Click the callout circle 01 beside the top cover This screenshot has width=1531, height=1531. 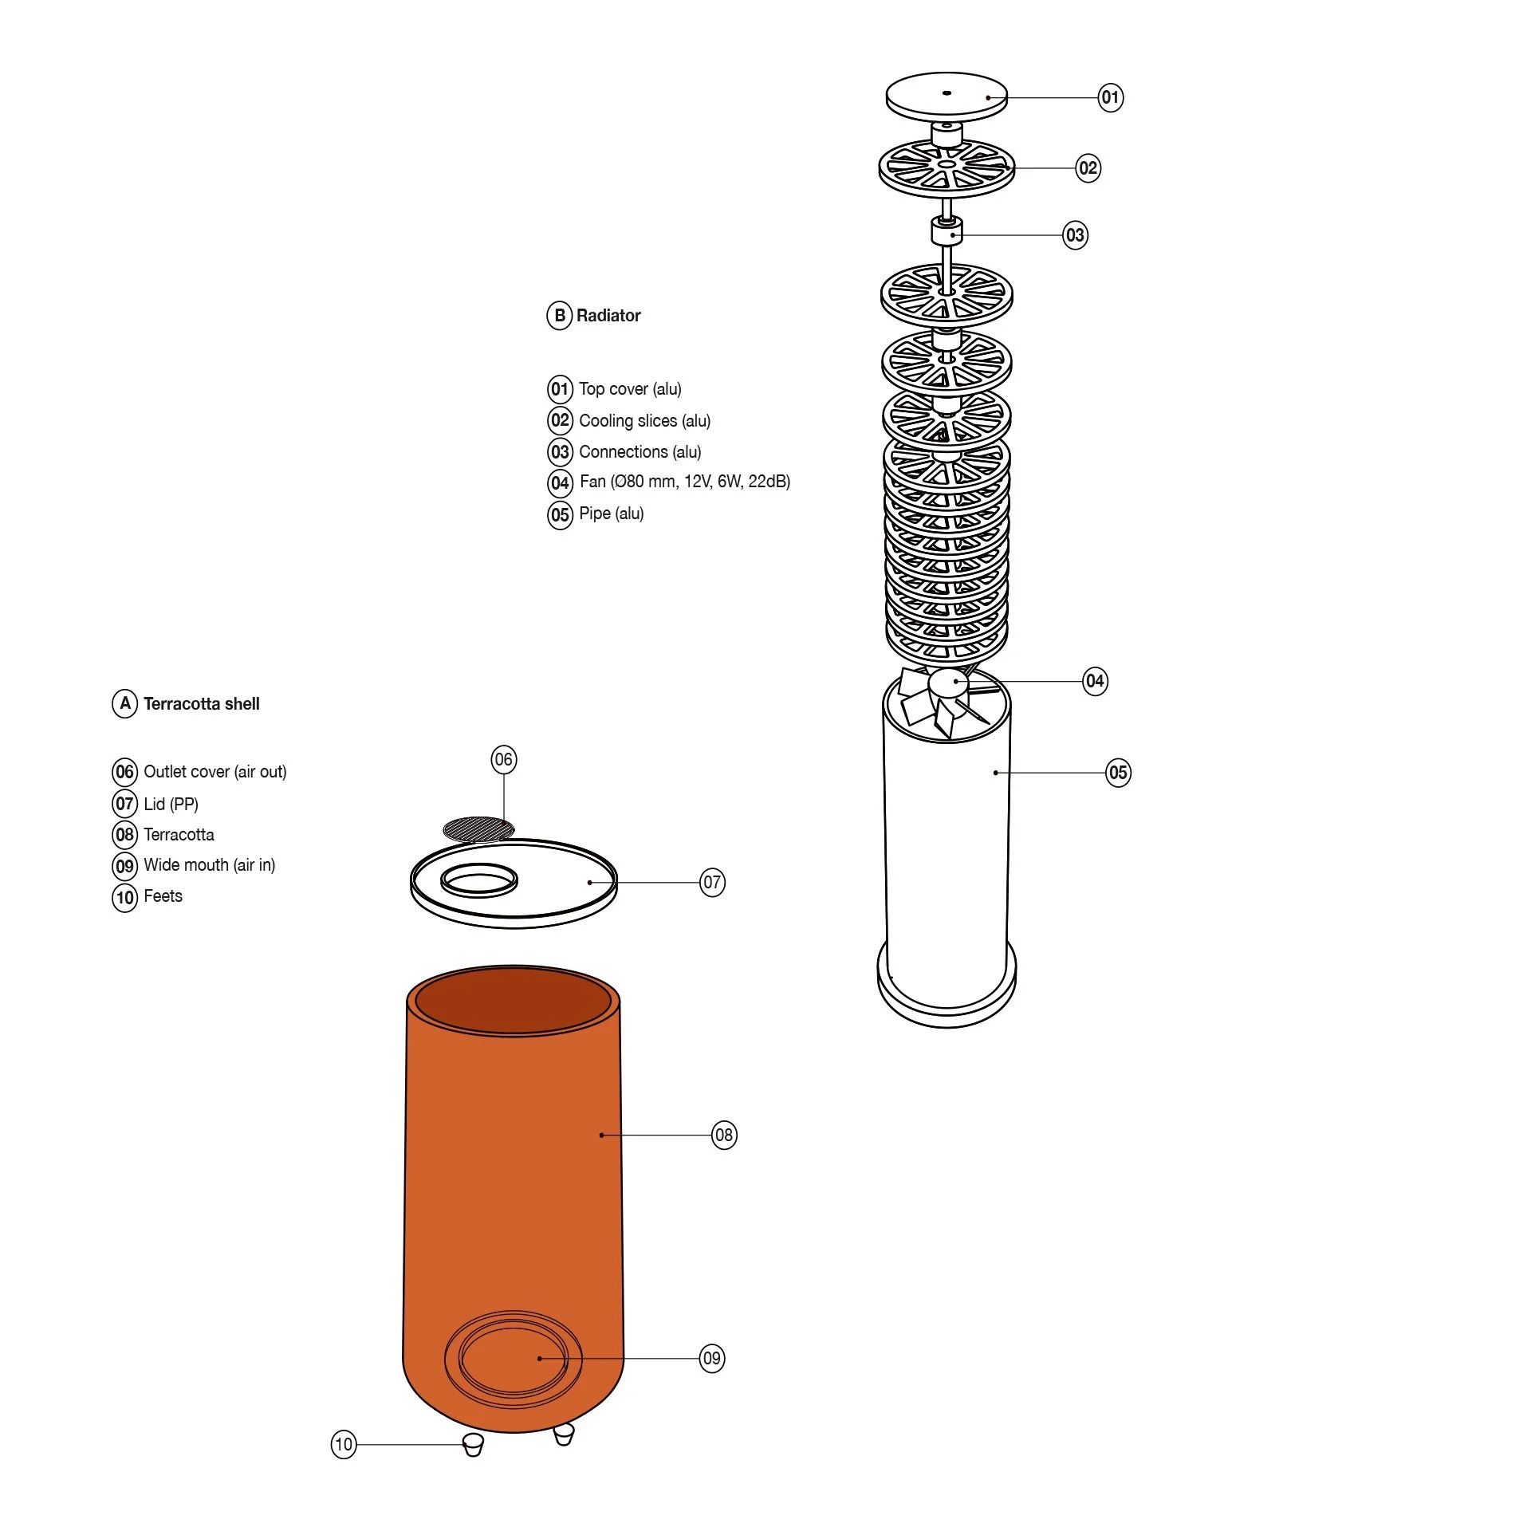(x=1110, y=98)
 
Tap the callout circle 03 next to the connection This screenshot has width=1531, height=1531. (x=1075, y=235)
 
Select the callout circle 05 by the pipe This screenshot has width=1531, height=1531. (x=1118, y=773)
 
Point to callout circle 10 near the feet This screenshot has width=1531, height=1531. (x=344, y=1444)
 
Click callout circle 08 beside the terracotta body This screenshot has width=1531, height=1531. (x=724, y=1135)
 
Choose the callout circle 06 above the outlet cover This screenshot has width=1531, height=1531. (x=503, y=759)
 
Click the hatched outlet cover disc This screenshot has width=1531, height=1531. (x=478, y=829)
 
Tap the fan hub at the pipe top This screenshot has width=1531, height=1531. (x=949, y=683)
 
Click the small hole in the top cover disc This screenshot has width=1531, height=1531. (x=947, y=93)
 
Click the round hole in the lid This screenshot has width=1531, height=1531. (x=479, y=880)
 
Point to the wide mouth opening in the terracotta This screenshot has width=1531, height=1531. (x=513, y=1359)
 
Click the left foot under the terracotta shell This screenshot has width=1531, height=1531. (x=473, y=1443)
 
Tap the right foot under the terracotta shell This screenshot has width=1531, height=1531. (x=564, y=1435)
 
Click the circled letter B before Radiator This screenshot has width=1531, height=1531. (x=560, y=316)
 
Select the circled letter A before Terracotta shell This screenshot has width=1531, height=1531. (x=125, y=703)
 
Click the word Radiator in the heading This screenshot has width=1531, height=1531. (x=608, y=316)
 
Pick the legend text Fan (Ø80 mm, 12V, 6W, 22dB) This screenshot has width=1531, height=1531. (x=685, y=482)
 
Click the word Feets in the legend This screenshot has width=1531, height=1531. (x=163, y=896)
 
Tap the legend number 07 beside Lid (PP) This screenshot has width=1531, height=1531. (x=125, y=804)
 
